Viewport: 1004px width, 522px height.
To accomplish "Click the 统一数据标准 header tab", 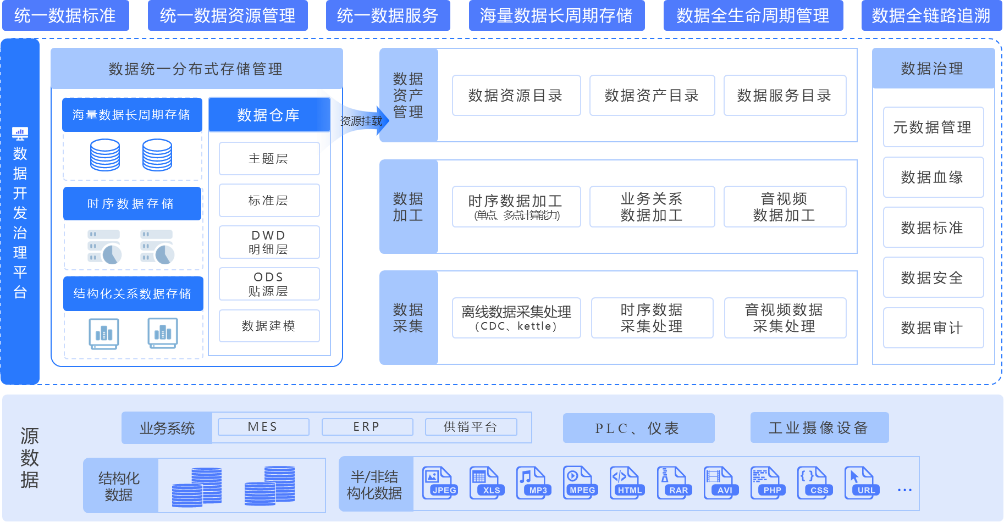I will click(x=65, y=15).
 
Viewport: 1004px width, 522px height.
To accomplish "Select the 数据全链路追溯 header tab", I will click(x=931, y=15).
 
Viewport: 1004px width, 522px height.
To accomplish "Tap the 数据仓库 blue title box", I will click(x=268, y=115).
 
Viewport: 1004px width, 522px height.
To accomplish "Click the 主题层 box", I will click(x=269, y=158).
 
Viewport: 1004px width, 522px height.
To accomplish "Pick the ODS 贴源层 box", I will click(x=269, y=284).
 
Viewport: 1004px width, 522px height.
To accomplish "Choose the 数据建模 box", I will click(x=269, y=326).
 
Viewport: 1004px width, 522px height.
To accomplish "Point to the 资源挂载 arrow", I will click(x=361, y=121).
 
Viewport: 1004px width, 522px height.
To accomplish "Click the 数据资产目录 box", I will click(x=652, y=96).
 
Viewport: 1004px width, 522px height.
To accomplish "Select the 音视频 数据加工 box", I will click(x=785, y=207).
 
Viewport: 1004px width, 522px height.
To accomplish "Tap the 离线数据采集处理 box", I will click(x=516, y=318).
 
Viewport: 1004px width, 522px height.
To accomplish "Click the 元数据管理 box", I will click(x=933, y=127).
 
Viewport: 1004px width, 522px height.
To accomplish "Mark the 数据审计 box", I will click(x=933, y=327).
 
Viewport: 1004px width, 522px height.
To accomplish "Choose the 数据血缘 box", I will click(x=933, y=177).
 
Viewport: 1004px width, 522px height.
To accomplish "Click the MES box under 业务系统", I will click(x=263, y=427).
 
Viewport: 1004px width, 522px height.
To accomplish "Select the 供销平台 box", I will click(x=471, y=427).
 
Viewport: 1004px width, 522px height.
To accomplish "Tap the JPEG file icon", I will click(x=439, y=483).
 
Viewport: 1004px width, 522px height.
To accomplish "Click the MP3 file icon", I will click(x=533, y=483).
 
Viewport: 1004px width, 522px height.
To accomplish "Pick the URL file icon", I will click(x=862, y=483).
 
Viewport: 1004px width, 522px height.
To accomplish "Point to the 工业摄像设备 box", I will click(x=819, y=427).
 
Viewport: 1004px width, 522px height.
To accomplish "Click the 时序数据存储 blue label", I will click(x=131, y=204).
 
